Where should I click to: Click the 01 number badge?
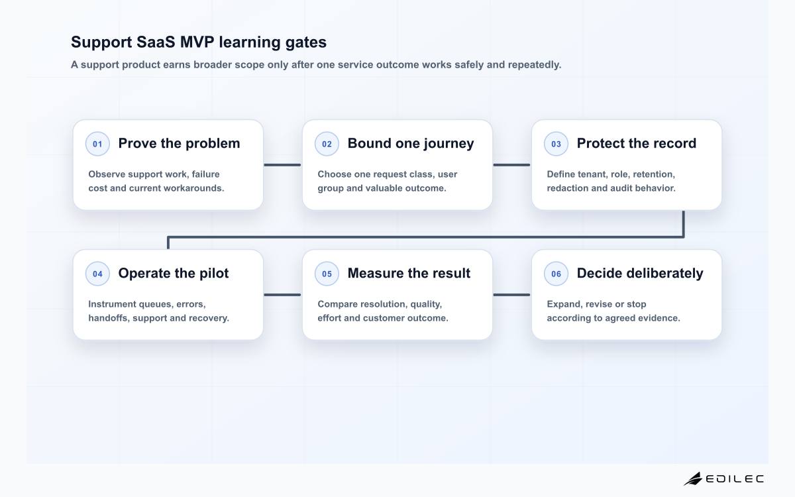click(97, 144)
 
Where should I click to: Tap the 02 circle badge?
click(327, 144)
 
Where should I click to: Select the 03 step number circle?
click(556, 144)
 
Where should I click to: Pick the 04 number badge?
click(97, 274)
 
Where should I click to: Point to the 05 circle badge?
click(327, 274)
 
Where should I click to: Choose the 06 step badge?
click(556, 274)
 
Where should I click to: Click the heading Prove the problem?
click(180, 143)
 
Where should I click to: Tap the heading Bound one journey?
click(411, 144)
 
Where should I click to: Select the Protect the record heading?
click(637, 143)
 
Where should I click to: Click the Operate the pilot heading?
click(173, 273)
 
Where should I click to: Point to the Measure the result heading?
click(409, 273)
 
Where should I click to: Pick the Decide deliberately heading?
click(640, 274)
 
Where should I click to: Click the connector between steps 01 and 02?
click(282, 165)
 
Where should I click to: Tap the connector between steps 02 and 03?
click(511, 165)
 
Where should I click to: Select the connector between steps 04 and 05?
click(282, 295)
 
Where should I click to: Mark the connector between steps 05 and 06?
click(511, 295)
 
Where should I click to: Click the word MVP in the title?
click(197, 42)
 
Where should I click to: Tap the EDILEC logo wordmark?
click(734, 479)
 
